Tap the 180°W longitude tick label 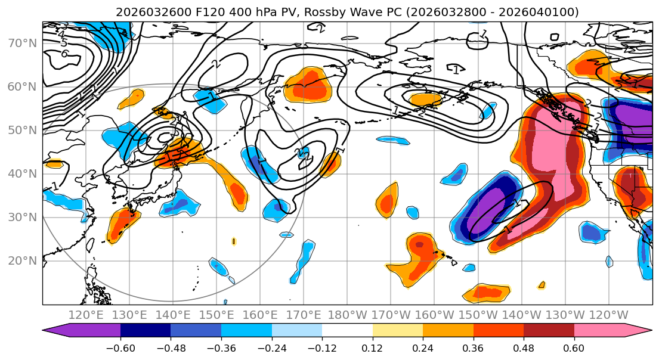[347, 315]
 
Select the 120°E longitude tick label [86, 315]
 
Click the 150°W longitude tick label [478, 315]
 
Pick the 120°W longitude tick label [608, 315]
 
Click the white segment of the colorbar [347, 331]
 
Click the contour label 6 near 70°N [64, 54]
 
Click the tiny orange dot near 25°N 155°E [234, 241]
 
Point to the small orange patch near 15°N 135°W [542, 285]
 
